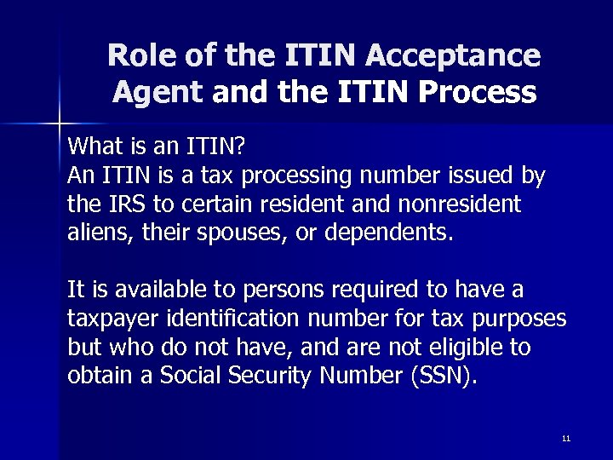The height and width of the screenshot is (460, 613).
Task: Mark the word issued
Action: [474, 176]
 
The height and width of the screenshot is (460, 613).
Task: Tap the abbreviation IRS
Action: [121, 205]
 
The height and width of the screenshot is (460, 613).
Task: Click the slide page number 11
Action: [565, 438]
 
